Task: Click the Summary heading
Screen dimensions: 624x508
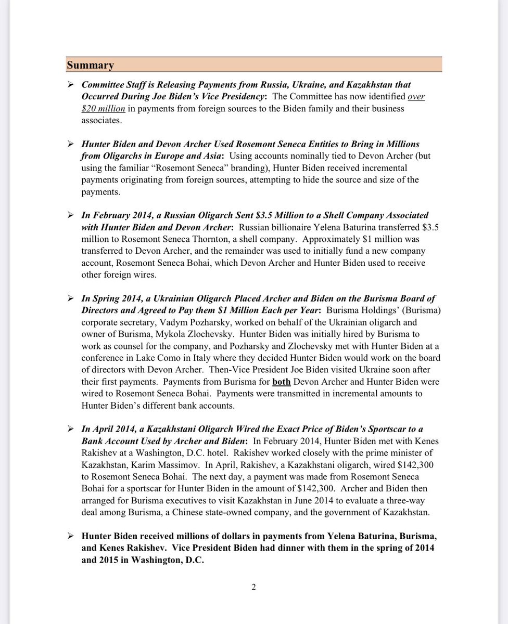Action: click(x=90, y=66)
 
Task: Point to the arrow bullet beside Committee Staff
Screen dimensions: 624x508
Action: click(x=70, y=85)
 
